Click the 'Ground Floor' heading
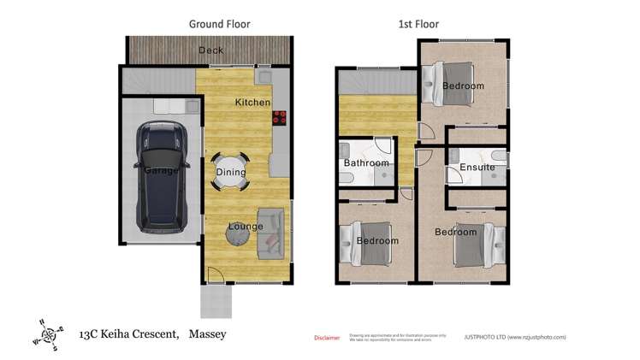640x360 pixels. (x=219, y=24)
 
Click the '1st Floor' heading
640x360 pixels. (x=419, y=24)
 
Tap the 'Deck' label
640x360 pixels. (x=210, y=50)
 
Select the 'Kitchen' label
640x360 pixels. (x=252, y=103)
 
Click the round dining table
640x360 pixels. (x=231, y=171)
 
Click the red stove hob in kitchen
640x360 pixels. (x=279, y=119)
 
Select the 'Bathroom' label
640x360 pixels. (x=366, y=163)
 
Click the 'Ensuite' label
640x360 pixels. (x=477, y=167)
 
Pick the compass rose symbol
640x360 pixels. (x=48, y=334)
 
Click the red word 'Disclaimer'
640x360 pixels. (x=328, y=337)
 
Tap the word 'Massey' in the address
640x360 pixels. (x=207, y=334)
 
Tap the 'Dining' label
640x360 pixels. (x=230, y=172)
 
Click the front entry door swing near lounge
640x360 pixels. (x=216, y=275)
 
